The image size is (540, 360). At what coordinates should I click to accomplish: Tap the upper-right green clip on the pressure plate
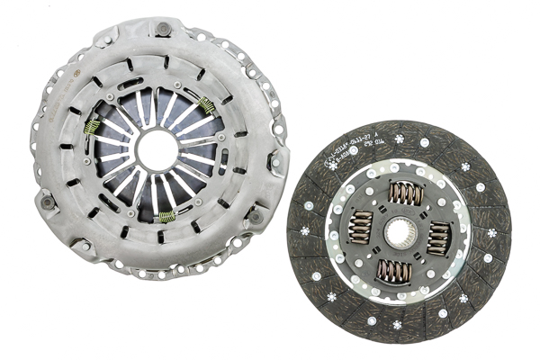(x=208, y=106)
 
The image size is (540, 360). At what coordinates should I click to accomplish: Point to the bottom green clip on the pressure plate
(x=166, y=215)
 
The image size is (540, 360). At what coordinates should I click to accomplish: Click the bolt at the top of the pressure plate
(x=163, y=29)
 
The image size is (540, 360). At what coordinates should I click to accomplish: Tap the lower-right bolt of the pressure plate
(x=256, y=216)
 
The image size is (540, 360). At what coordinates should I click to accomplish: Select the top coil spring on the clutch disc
(x=405, y=193)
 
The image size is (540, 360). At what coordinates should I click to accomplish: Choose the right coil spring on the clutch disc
(x=440, y=239)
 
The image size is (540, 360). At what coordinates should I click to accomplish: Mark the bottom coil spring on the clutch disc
(x=392, y=273)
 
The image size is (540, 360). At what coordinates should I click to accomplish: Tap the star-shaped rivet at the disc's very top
(x=399, y=139)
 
